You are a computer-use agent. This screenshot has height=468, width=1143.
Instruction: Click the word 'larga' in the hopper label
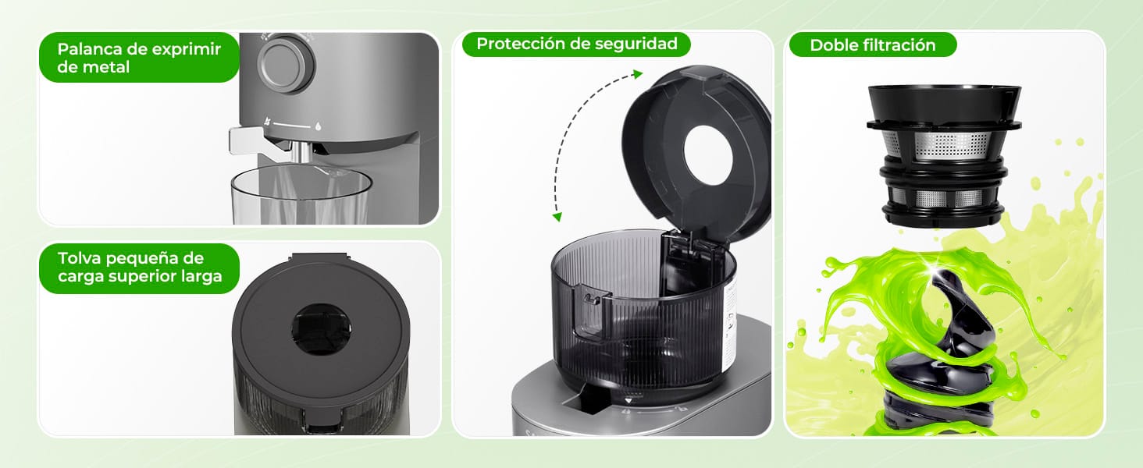pyautogui.click(x=199, y=276)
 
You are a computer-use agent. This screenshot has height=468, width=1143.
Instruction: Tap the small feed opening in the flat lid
pyautogui.click(x=321, y=329)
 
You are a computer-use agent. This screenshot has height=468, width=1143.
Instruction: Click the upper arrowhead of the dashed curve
pyautogui.click(x=638, y=75)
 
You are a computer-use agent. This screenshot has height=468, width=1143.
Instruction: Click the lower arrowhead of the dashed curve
pyautogui.click(x=557, y=216)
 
